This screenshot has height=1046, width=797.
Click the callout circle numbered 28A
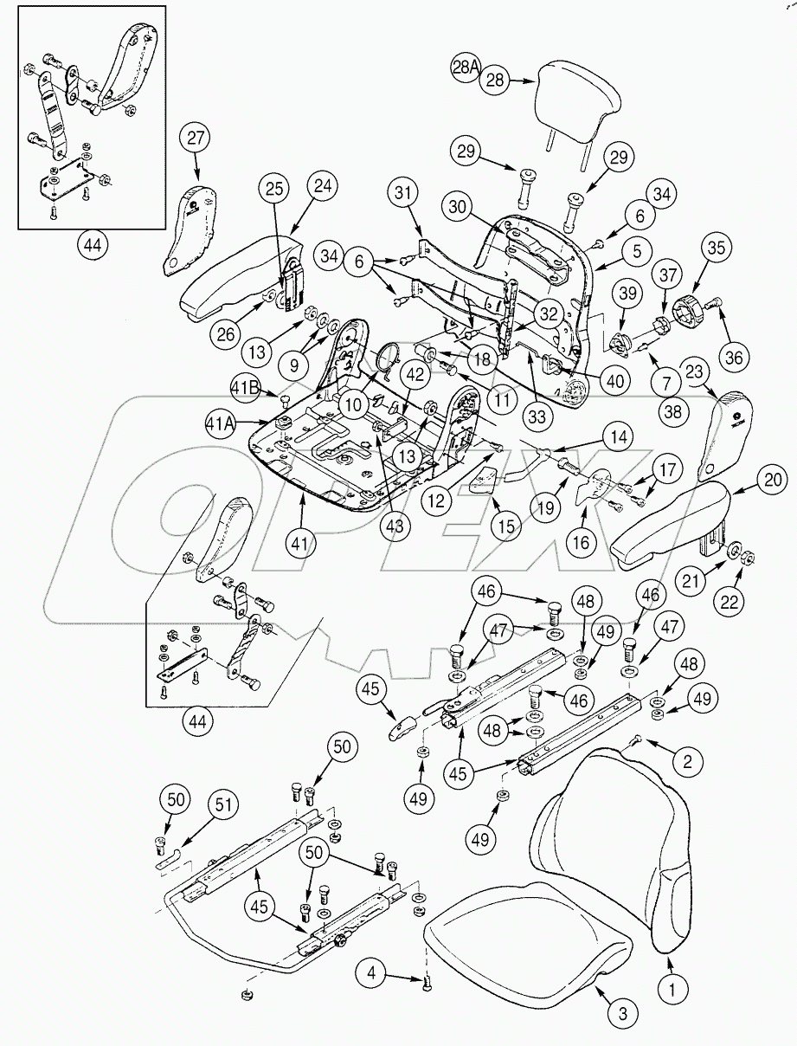tap(466, 68)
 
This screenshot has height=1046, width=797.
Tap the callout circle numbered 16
tap(582, 543)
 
